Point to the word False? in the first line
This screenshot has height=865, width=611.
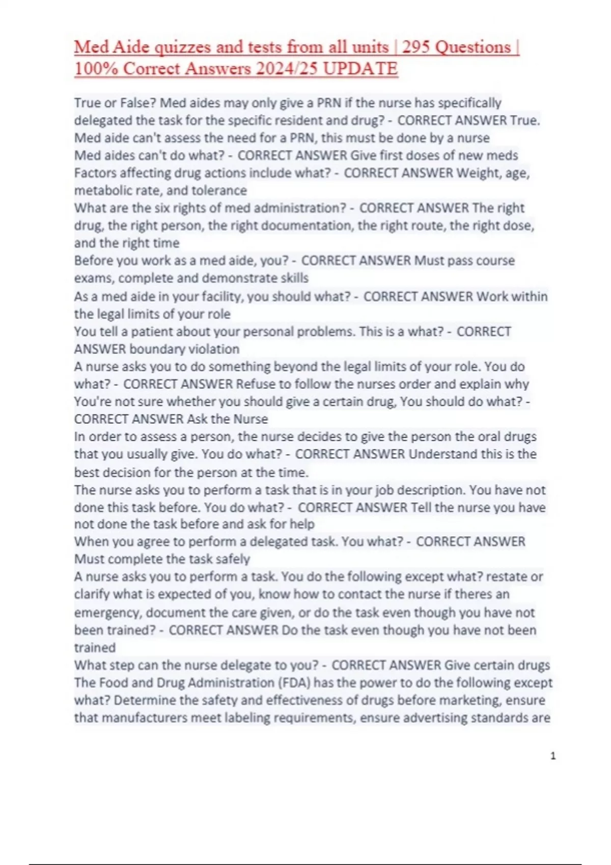point(138,103)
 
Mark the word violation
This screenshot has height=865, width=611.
point(214,349)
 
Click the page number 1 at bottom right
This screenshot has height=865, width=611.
point(553,756)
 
